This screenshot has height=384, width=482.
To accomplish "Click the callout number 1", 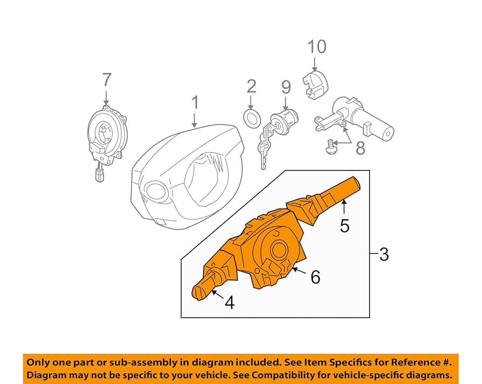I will pos(195,103).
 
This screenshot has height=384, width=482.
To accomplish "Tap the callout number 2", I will pos(251,86).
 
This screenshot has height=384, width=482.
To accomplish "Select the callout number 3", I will pos(384,254).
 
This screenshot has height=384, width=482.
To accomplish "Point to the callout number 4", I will pos(230,303).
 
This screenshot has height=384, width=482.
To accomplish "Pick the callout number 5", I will pos(345,225).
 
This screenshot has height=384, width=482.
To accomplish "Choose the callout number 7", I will pos(106,80).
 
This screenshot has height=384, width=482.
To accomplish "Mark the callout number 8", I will pos(360,147).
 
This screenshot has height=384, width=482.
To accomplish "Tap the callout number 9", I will pos(286,86).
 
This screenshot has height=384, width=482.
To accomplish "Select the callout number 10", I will pos(317,47).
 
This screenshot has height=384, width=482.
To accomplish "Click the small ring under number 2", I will pos(251,118).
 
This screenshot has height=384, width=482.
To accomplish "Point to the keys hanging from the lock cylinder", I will pos(264,149).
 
